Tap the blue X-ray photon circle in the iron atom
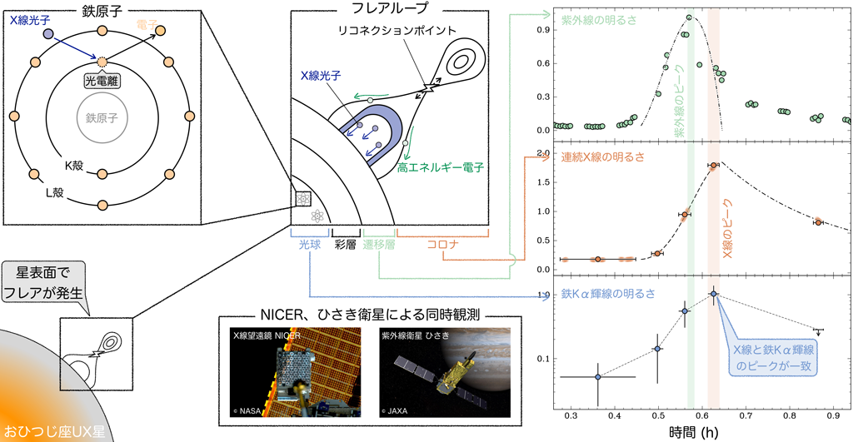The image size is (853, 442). (48, 34)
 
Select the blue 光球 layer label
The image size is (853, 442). (309, 245)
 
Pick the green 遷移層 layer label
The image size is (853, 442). (379, 245)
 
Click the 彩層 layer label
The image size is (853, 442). (346, 245)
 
